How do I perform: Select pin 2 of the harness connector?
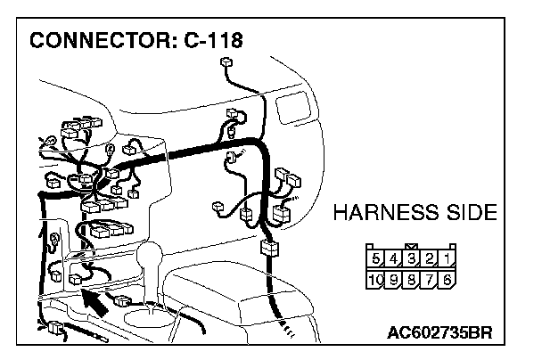click(x=430, y=258)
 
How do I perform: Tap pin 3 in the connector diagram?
click(x=412, y=258)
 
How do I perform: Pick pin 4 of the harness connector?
click(x=394, y=258)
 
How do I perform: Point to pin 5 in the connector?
click(x=376, y=258)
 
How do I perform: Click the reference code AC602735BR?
click(x=439, y=335)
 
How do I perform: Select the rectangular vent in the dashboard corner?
click(x=290, y=110)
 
